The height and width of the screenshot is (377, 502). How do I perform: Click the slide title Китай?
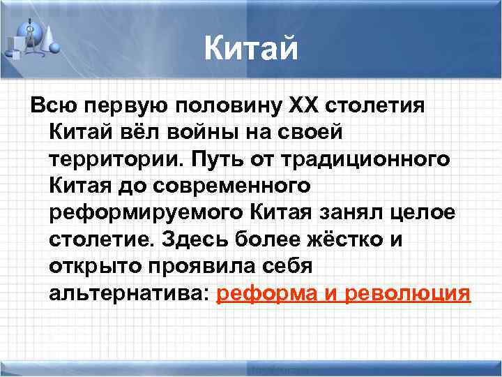point(251,50)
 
